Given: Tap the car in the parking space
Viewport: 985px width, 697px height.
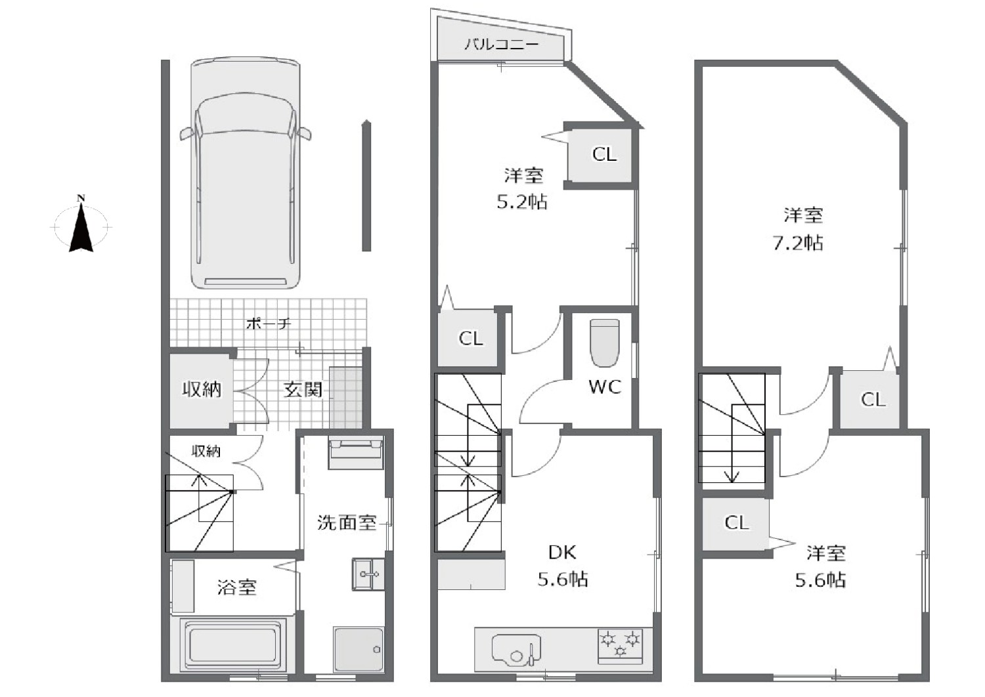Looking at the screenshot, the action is (246, 172).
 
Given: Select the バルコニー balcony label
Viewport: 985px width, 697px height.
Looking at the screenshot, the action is (502, 45).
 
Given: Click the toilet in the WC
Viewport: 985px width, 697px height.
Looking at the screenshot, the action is (605, 343).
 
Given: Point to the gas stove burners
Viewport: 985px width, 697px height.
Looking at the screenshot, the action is (620, 646).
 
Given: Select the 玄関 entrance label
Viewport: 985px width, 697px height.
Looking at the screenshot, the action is (303, 389).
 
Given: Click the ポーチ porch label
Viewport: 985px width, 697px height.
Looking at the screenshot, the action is (268, 324).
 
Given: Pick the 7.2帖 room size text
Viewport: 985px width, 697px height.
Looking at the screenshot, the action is (798, 243).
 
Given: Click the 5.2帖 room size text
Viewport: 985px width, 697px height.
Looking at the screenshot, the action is (522, 201).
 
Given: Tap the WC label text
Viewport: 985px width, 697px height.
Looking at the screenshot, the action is (605, 387).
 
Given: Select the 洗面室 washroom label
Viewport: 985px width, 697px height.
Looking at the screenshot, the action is (347, 522).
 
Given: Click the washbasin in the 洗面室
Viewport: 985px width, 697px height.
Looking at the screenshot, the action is (368, 574).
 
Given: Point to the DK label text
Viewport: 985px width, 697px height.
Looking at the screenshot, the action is (562, 553).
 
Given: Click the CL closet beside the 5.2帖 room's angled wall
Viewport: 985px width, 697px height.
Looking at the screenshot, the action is (600, 154).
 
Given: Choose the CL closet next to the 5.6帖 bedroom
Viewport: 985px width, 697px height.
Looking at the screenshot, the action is (735, 524).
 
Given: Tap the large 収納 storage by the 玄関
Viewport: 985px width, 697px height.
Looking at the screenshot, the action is (202, 389).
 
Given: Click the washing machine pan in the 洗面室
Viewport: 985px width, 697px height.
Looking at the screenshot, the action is (358, 650).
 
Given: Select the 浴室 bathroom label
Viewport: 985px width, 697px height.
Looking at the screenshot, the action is (237, 587).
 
